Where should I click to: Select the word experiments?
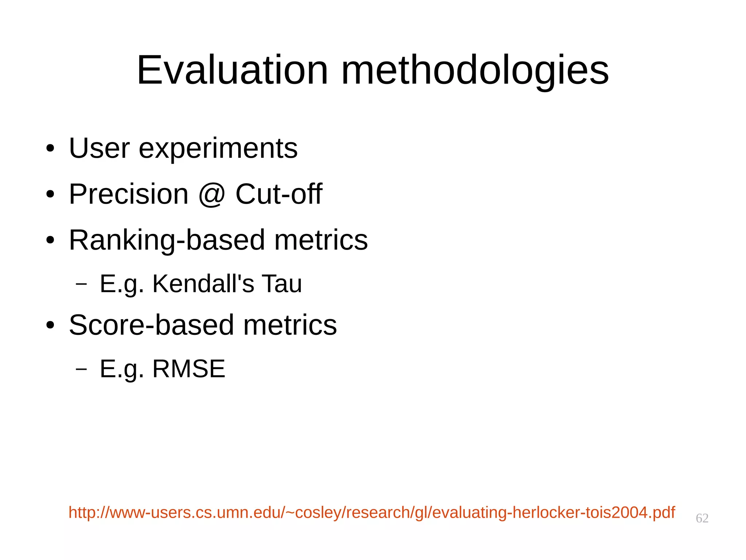[x=218, y=149]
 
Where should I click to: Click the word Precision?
[x=129, y=194]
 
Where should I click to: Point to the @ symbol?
[x=212, y=195]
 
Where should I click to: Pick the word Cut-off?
[x=279, y=194]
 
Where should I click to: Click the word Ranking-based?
[x=167, y=240]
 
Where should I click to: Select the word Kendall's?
[x=203, y=283]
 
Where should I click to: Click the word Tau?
[x=282, y=283]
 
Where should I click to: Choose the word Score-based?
[x=151, y=325]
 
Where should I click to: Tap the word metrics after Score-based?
[x=290, y=325]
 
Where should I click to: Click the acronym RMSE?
[x=189, y=369]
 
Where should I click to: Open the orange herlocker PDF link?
[x=372, y=512]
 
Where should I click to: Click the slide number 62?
[x=702, y=518]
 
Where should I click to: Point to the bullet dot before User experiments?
[x=50, y=149]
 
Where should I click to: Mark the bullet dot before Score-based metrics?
[x=50, y=325]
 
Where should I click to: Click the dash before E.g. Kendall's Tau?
[x=81, y=284]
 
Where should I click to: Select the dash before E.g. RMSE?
[x=81, y=369]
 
